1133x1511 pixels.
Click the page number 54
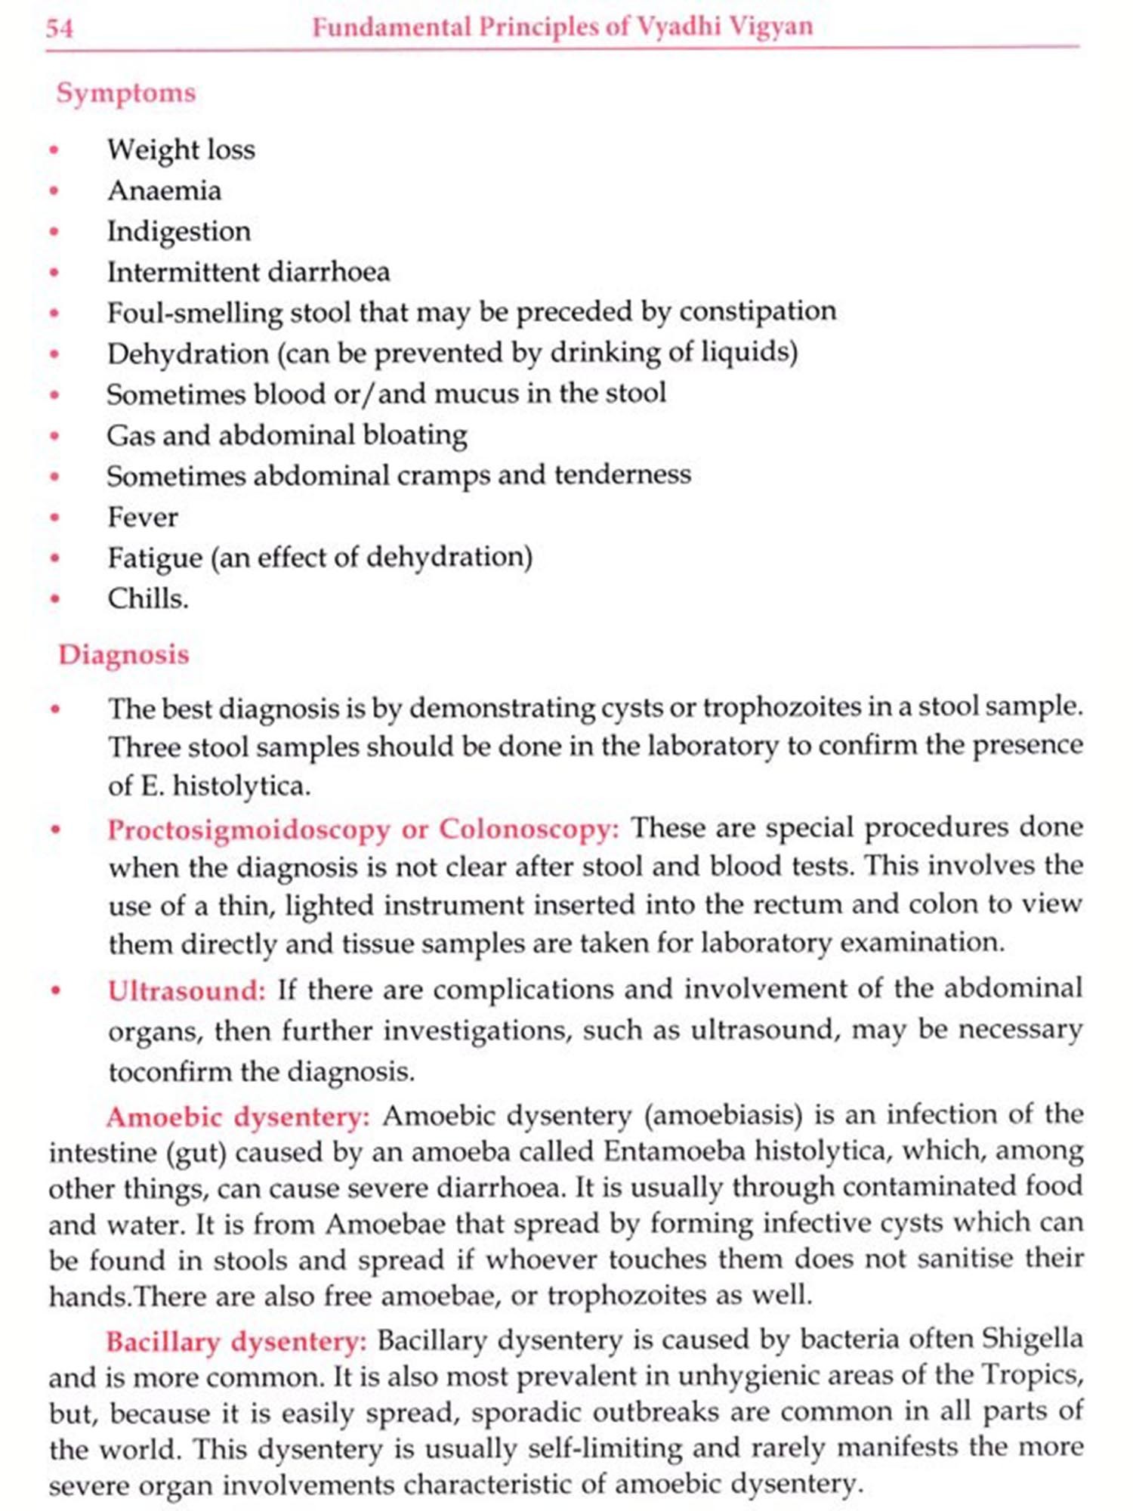[60, 29]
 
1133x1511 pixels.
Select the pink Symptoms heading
[126, 93]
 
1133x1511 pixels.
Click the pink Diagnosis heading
[124, 654]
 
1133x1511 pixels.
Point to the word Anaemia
[165, 190]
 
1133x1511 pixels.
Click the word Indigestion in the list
[179, 231]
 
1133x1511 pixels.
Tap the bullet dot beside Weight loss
[54, 150]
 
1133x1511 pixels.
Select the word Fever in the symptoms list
[143, 518]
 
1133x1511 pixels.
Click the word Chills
[148, 599]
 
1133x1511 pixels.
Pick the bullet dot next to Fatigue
[54, 558]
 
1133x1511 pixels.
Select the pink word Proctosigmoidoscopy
[249, 830]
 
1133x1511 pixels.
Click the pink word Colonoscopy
[529, 829]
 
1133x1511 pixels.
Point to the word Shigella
[1033, 1339]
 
